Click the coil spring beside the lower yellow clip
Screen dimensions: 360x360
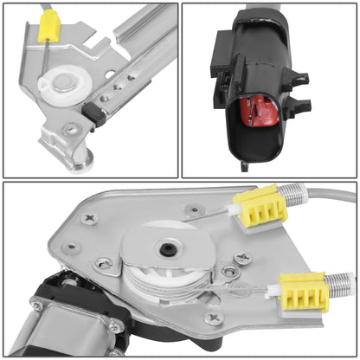pyautogui.click(x=340, y=282)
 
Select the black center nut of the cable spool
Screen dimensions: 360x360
pyautogui.click(x=164, y=250)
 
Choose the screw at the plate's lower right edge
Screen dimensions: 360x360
pyautogui.click(x=215, y=317)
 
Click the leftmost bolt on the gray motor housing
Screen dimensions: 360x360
pyautogui.click(x=37, y=305)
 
